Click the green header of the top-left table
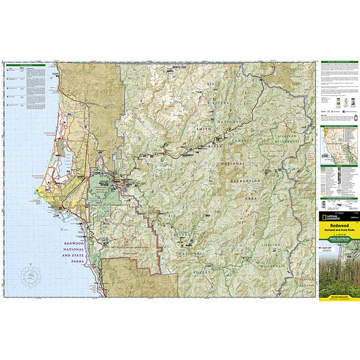pos(25,64)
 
